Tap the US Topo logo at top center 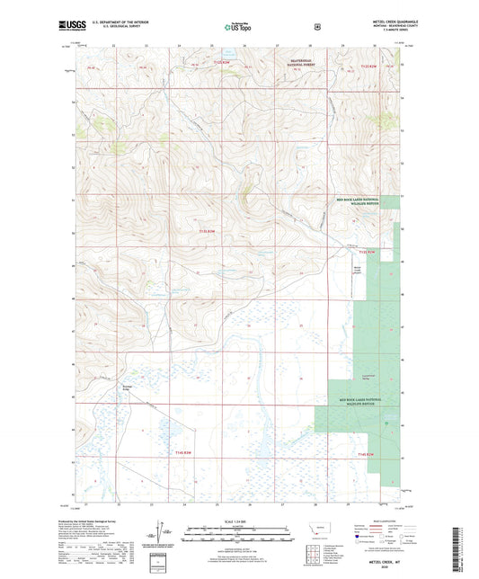pyautogui.click(x=238, y=28)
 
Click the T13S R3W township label pyautogui.click(x=207, y=231)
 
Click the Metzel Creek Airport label pyautogui.click(x=358, y=270)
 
